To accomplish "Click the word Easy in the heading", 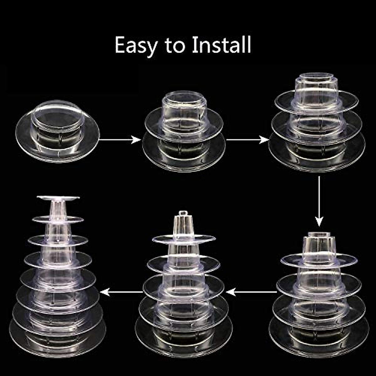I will click(x=136, y=45).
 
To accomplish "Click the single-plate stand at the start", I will click(x=57, y=132).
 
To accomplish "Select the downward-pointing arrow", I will click(x=319, y=201).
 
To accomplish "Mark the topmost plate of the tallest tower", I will click(x=58, y=198).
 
